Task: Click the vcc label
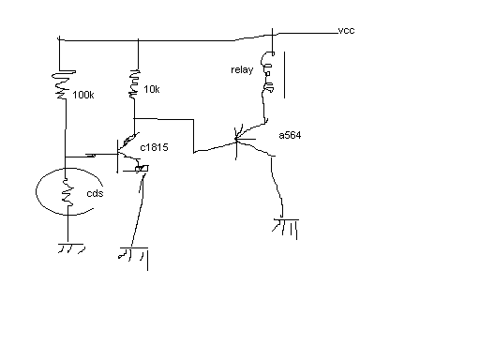(x=346, y=31)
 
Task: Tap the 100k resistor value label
(x=83, y=95)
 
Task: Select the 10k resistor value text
(x=152, y=89)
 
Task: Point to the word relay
(x=242, y=69)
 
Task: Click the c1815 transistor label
(x=154, y=147)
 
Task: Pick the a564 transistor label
(x=290, y=135)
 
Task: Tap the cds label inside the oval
(x=95, y=193)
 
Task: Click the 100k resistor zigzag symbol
(x=64, y=84)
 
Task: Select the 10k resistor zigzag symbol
(x=134, y=84)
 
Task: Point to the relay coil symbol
(x=268, y=72)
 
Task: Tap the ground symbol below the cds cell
(x=71, y=248)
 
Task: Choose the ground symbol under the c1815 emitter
(x=134, y=255)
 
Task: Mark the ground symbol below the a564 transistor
(x=286, y=228)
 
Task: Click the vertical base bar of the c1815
(x=117, y=156)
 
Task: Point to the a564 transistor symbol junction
(x=236, y=142)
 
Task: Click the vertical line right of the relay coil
(x=284, y=75)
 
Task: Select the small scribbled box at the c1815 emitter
(x=142, y=169)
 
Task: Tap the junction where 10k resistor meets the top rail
(x=138, y=40)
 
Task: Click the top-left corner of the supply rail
(x=59, y=39)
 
